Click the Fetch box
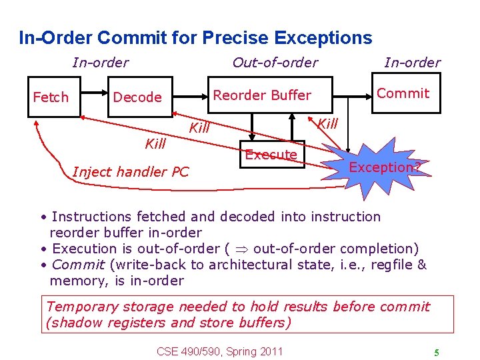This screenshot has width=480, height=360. pyautogui.click(x=51, y=97)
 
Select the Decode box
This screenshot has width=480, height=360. pyautogui.click(x=137, y=97)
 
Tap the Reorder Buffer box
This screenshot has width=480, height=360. pyautogui.click(x=262, y=95)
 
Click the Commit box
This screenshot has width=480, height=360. pyautogui.click(x=403, y=93)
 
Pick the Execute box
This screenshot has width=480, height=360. pyautogui.click(x=271, y=155)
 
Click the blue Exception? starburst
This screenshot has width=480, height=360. pyautogui.click(x=385, y=167)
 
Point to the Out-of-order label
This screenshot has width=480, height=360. pyautogui.click(x=275, y=63)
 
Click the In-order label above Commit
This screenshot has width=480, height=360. pyautogui.click(x=412, y=63)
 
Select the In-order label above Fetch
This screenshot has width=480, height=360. pyautogui.click(x=100, y=63)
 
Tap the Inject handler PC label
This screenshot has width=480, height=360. pyautogui.click(x=131, y=172)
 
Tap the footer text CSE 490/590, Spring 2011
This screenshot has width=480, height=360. pyautogui.click(x=219, y=351)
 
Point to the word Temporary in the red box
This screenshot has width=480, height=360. pyautogui.click(x=82, y=307)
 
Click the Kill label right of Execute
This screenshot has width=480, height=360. pyautogui.click(x=327, y=123)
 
